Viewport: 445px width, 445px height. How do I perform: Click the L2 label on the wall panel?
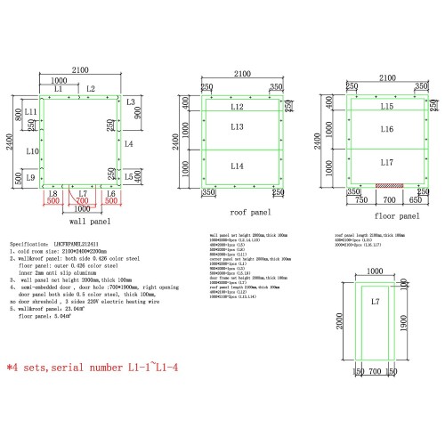91,89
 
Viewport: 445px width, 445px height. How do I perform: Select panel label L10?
32,152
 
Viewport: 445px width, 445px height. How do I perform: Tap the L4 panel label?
129,143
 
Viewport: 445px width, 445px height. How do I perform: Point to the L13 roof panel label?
237,128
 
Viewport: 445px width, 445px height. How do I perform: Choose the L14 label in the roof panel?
237,166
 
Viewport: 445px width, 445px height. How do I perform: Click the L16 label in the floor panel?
386,129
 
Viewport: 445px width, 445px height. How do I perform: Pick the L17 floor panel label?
386,163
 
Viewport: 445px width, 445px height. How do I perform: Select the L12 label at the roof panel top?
237,107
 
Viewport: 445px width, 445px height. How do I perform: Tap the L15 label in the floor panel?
386,107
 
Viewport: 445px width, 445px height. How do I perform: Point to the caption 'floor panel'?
396,215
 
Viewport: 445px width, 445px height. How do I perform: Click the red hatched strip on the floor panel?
389,185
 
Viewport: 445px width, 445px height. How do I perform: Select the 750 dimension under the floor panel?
360,200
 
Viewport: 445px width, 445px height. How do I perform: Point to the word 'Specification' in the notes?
27,242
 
